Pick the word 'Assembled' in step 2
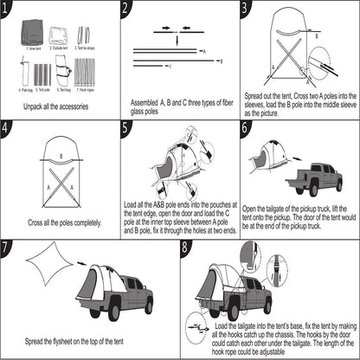(x=146, y=102)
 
